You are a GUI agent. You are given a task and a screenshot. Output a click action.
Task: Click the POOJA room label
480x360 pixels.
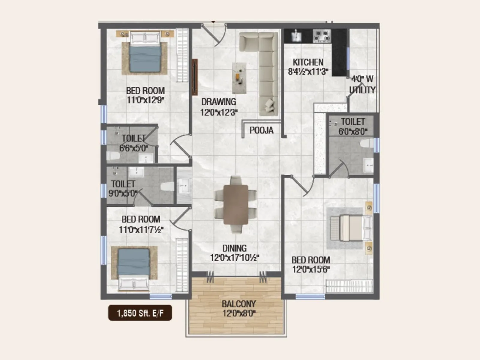pos(261,130)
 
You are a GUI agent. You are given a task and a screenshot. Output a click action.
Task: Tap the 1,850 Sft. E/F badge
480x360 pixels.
pos(140,313)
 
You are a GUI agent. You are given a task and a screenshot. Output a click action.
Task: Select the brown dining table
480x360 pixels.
pos(236,205)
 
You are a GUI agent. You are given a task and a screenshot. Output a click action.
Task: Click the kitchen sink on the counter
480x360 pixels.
pos(296,36)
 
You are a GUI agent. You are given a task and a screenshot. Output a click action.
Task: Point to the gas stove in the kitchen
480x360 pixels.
pos(322,36)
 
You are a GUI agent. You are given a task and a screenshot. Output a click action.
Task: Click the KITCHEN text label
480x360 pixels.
pos(308,62)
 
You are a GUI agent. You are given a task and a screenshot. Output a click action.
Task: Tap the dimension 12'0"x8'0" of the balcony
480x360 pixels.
pos(239,313)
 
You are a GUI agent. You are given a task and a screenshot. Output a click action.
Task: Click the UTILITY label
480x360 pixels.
pos(362,90)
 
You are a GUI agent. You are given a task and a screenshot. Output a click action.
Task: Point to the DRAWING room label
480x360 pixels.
pos(218,102)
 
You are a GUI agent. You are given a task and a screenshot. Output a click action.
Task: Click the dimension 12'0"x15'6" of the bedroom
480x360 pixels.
pos(311,269)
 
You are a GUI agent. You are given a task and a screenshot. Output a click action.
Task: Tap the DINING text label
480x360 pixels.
pos(234,248)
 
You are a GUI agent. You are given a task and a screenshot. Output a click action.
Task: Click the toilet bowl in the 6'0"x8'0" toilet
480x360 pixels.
pos(366,143)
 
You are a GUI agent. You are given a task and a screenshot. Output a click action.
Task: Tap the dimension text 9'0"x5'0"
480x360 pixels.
pos(123,193)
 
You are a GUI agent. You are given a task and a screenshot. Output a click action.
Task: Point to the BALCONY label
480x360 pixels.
pos(239,304)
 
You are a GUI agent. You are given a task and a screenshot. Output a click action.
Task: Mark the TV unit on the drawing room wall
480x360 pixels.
pos(195,77)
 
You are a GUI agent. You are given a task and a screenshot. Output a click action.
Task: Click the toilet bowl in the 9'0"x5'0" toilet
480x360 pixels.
pos(167,187)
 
